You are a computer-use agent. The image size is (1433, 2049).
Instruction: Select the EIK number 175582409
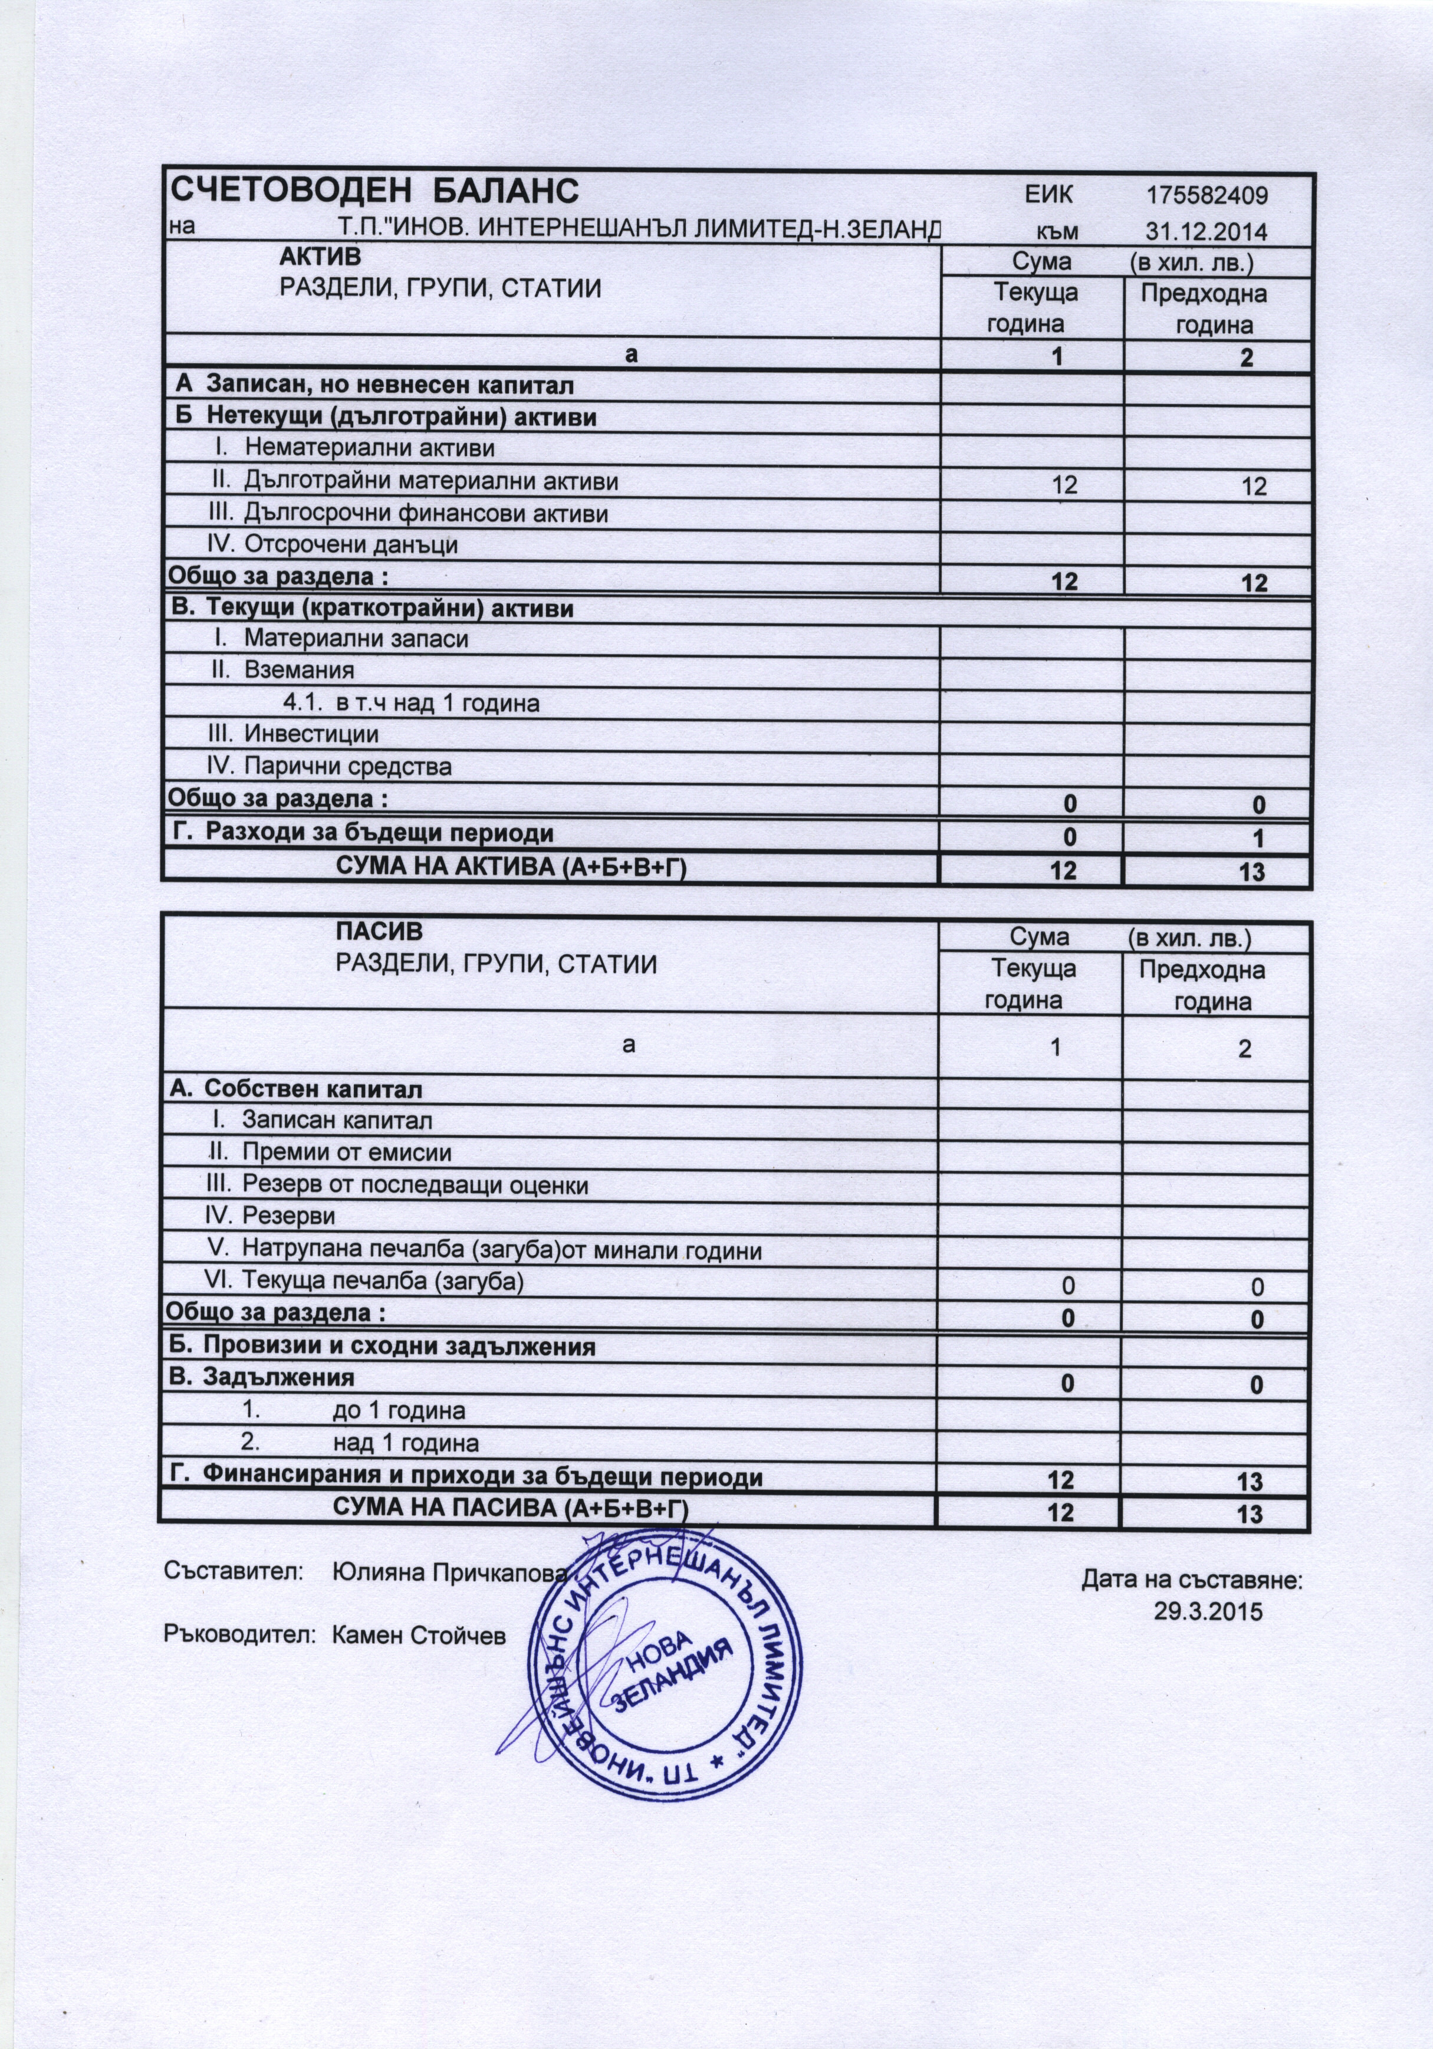[x=1207, y=195]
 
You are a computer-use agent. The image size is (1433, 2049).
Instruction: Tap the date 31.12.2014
[x=1207, y=231]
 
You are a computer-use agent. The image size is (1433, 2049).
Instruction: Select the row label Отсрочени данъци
[x=351, y=544]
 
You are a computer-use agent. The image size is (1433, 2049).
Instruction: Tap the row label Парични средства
[x=347, y=767]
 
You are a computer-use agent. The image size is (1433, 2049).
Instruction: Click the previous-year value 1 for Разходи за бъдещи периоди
[x=1258, y=839]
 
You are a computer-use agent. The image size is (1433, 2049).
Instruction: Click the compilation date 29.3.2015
[x=1208, y=1612]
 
